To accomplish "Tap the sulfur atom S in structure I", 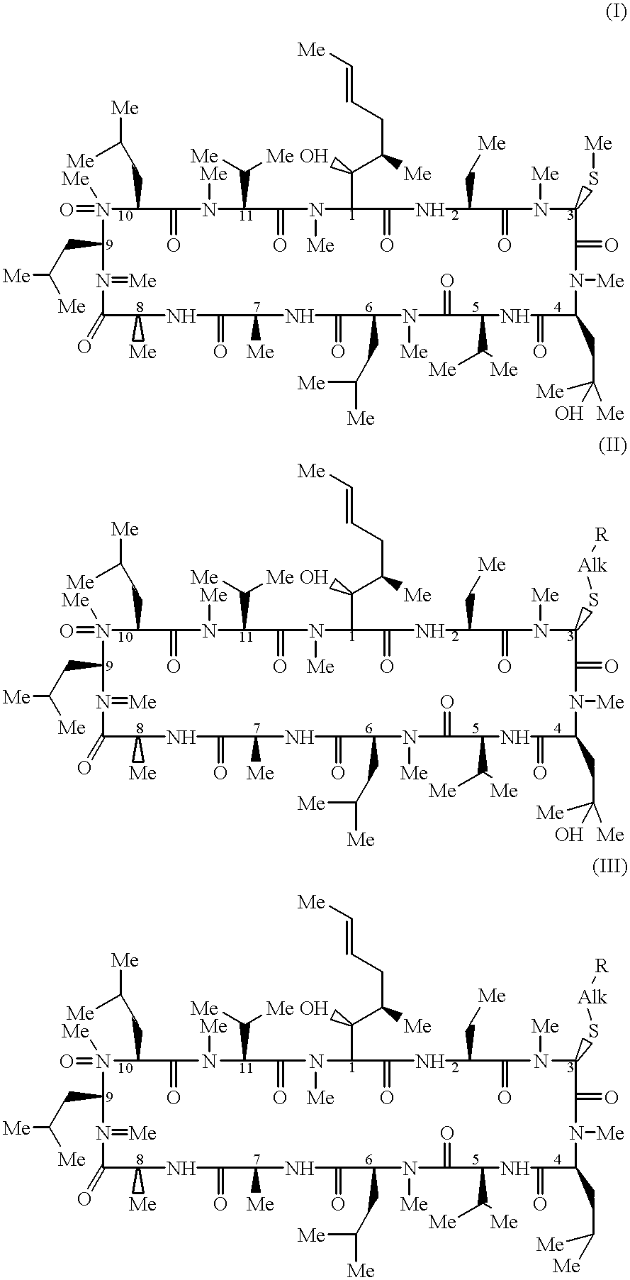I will point(593,177).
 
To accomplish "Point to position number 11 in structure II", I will point(245,638).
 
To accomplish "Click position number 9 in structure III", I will point(108,1096).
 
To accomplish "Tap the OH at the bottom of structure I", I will point(568,413).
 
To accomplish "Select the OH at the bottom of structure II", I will point(568,835).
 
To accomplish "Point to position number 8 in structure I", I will point(139,307).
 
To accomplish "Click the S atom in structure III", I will point(593,1030).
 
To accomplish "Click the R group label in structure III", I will point(601,965).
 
